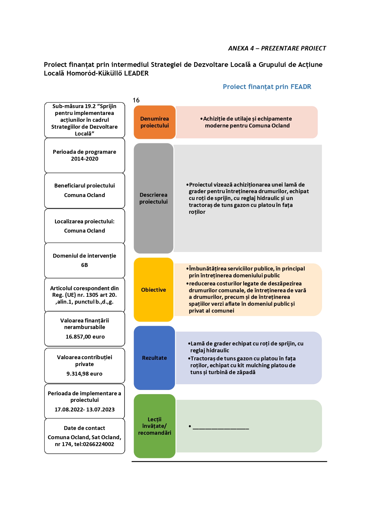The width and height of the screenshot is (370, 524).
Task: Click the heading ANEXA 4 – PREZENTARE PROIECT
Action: [277, 48]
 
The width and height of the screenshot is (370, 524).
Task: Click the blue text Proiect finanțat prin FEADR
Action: [267, 87]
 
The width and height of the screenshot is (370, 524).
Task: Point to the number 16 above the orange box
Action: [136, 100]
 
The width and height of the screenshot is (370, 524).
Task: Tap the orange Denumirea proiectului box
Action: [155, 122]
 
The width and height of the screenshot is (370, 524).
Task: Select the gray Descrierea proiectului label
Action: [153, 198]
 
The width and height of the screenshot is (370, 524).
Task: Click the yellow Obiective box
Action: [153, 290]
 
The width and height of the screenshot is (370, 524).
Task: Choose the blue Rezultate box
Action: [154, 358]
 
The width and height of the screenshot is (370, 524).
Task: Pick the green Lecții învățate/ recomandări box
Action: [155, 426]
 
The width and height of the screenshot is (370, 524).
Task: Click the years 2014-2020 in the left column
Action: [85, 159]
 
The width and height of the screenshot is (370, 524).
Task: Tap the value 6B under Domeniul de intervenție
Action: [84, 265]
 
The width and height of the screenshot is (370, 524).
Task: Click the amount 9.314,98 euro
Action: [84, 374]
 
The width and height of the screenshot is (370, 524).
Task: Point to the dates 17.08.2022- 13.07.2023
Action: [84, 410]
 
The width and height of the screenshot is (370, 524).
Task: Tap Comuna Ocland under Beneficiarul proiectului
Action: [84, 195]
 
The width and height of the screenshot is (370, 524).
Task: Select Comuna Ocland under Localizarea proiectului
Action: [84, 231]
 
